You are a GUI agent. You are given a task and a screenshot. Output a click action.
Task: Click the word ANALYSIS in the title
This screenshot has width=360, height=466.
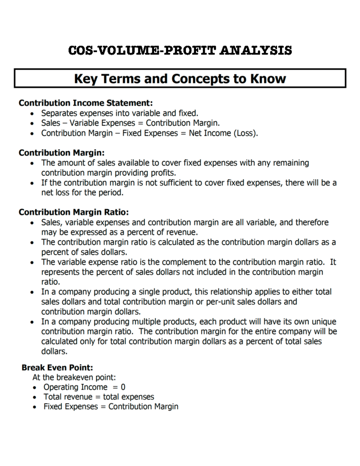[255, 50]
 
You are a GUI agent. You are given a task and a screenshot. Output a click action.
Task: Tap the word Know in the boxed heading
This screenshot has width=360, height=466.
[268, 79]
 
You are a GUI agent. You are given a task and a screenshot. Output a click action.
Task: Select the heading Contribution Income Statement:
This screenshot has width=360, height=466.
[85, 103]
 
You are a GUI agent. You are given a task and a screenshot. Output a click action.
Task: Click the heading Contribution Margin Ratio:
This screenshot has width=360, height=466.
[73, 212]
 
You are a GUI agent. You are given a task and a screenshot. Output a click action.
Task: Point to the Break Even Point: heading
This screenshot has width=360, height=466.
[57, 368]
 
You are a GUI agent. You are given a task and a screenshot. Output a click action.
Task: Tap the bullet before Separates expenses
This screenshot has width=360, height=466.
[32, 114]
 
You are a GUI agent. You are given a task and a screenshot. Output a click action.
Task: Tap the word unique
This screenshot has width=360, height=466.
[324, 322]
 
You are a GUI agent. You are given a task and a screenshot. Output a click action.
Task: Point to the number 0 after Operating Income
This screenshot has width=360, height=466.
[123, 387]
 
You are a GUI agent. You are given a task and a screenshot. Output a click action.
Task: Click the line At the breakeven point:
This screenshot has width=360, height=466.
[74, 377]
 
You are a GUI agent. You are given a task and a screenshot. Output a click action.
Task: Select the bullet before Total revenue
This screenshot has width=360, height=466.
[35, 397]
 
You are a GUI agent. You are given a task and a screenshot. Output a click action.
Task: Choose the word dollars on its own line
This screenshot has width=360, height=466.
[54, 351]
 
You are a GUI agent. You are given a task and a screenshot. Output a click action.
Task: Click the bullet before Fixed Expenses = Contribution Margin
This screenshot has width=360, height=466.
[35, 407]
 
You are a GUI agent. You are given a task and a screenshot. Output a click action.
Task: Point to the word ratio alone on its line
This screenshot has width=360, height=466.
[50, 282]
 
